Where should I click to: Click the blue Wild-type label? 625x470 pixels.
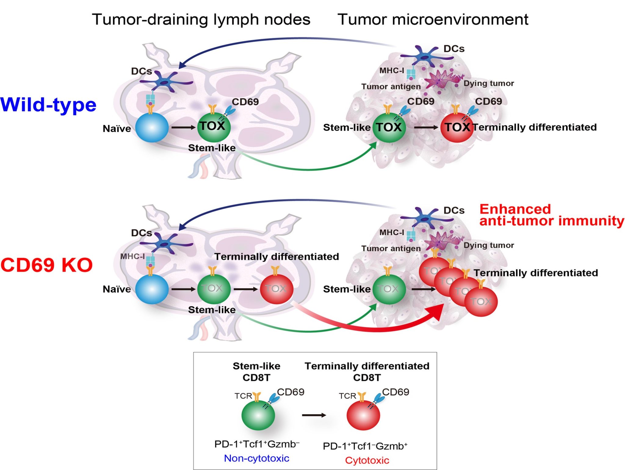(48, 105)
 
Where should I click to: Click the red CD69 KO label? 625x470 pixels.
(46, 265)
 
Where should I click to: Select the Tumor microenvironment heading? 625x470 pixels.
(433, 20)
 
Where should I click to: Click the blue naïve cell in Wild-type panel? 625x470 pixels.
(152, 127)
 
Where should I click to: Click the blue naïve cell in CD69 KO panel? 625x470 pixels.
(152, 289)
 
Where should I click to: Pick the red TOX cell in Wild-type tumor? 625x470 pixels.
(457, 127)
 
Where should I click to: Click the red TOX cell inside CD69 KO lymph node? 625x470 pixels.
(276, 289)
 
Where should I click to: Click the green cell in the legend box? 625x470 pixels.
(258, 415)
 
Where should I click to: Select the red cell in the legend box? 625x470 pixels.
(363, 415)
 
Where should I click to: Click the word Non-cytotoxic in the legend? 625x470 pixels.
(256, 458)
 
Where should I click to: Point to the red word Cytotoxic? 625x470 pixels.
(367, 460)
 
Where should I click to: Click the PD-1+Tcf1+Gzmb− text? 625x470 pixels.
(256, 444)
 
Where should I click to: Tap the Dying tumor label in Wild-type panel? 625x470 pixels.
(489, 83)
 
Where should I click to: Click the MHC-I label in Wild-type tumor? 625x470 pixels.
(392, 71)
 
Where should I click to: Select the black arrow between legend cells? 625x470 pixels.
(314, 415)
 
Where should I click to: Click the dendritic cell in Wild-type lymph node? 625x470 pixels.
(166, 82)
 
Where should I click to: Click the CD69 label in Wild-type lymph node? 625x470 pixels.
(245, 102)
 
